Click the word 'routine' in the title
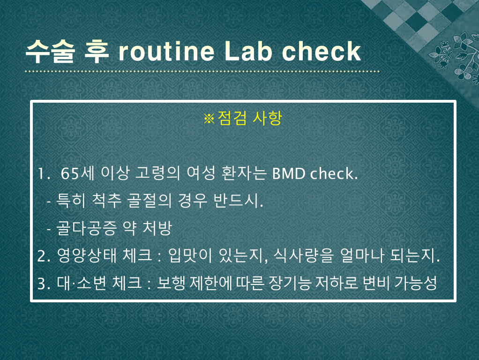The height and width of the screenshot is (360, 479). tap(166, 52)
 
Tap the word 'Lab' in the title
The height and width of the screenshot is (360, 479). tap(248, 51)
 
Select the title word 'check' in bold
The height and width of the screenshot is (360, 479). tap(322, 51)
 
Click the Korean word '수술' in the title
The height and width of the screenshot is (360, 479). tap(50, 51)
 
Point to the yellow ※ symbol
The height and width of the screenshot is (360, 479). tap(209, 119)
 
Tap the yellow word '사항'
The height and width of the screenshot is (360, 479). tap(267, 118)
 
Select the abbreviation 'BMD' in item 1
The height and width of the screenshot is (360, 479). tap(289, 173)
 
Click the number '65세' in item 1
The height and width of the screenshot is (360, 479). tap(78, 173)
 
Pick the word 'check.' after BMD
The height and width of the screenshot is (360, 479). tap(334, 173)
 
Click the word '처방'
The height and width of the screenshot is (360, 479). tap(157, 228)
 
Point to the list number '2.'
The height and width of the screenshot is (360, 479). tap(44, 256)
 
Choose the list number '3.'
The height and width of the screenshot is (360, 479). tap(44, 284)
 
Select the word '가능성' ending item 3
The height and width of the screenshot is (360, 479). tap(416, 283)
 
